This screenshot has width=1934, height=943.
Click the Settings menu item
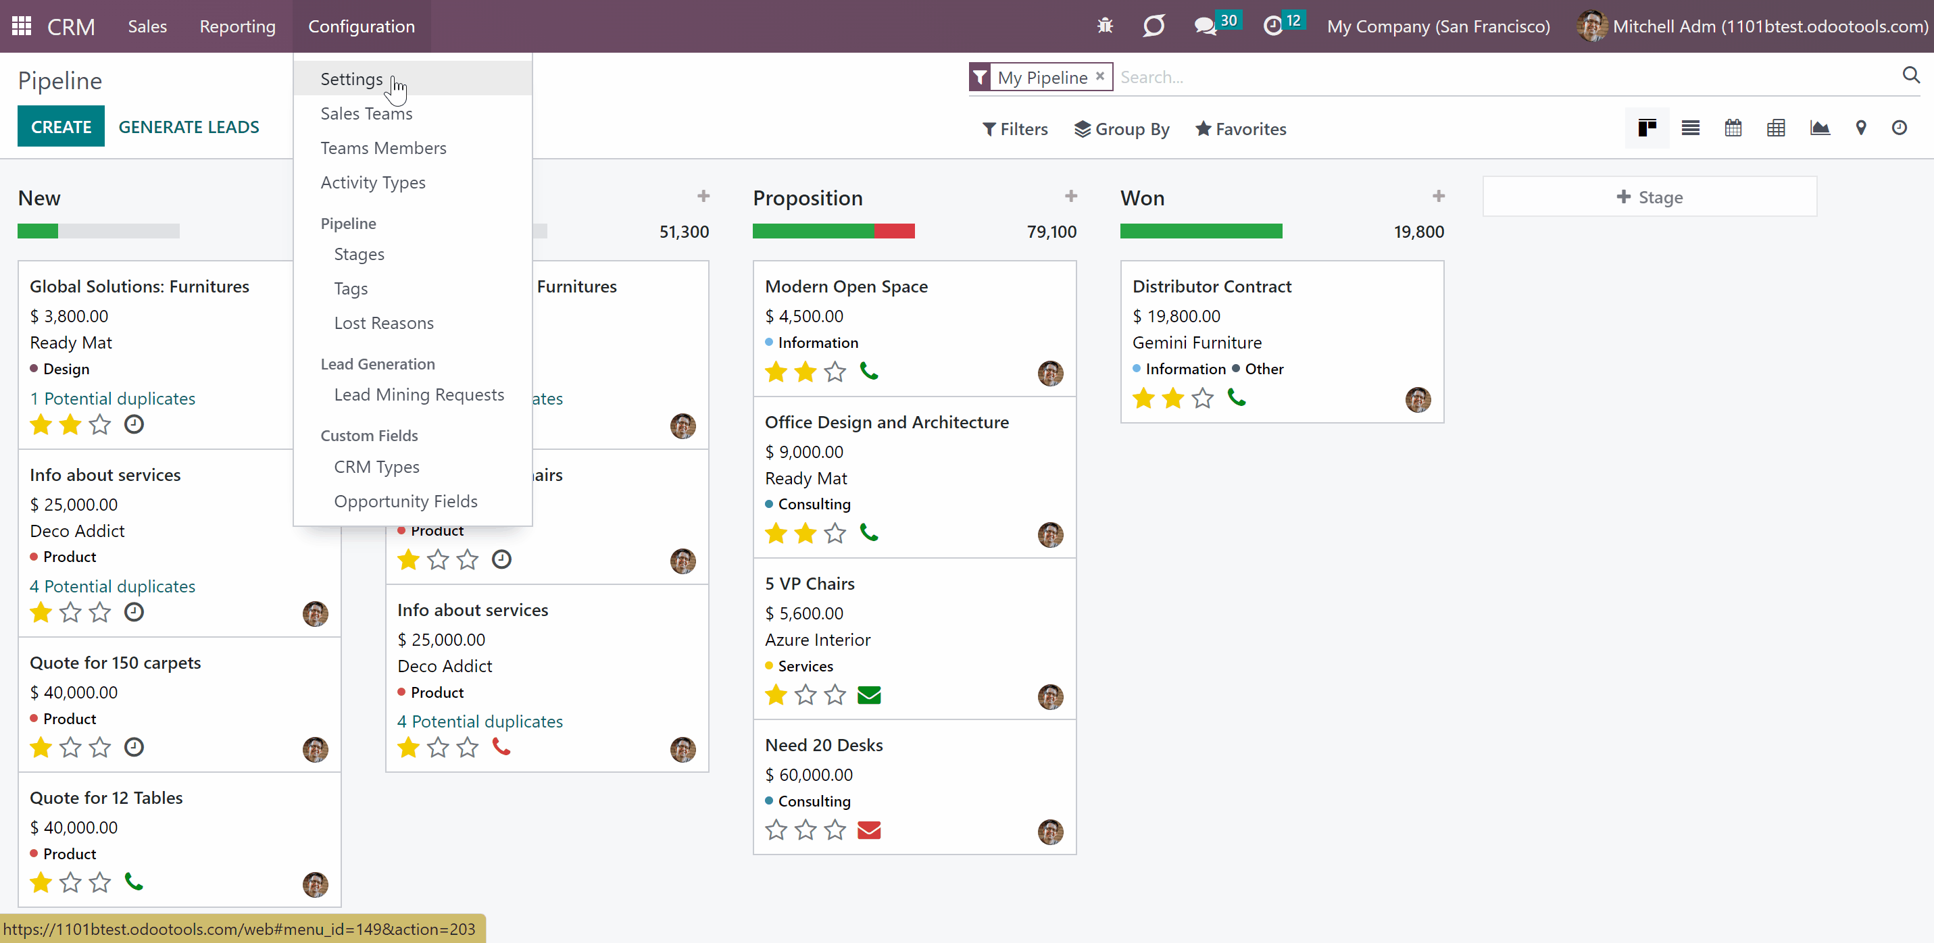coord(351,79)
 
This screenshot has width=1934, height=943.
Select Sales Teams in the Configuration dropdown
coord(366,113)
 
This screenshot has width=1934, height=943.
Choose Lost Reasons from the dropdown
coord(384,323)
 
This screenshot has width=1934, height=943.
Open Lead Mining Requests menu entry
coord(419,395)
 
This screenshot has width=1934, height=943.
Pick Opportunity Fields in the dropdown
coord(405,501)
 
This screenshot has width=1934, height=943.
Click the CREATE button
coord(61,127)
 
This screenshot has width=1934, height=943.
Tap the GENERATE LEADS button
coord(189,127)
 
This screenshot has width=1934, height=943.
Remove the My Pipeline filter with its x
coord(1100,76)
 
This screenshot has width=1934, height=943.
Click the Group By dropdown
coord(1122,129)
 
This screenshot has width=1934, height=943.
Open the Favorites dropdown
coord(1241,129)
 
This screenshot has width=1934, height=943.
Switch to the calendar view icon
coord(1733,128)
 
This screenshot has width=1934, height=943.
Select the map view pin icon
coord(1860,128)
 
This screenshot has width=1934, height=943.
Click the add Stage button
coord(1650,197)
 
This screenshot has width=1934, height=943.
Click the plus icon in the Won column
coord(1439,196)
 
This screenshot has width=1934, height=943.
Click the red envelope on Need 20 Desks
coord(868,830)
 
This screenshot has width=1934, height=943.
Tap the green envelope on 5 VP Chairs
coord(868,695)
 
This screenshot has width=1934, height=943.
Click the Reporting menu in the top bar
coord(237,26)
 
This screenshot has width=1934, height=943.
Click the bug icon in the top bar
coord(1105,26)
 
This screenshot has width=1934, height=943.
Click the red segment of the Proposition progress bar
coord(894,231)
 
